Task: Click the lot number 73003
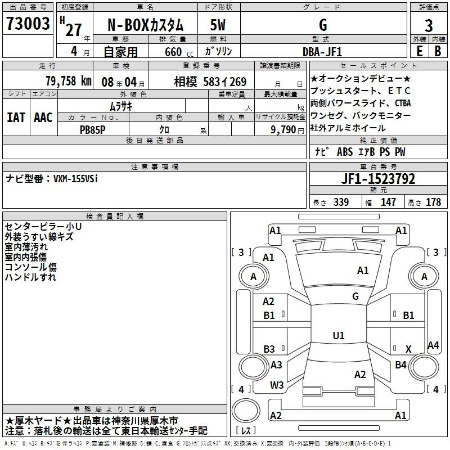click(x=28, y=23)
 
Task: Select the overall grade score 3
click(x=429, y=26)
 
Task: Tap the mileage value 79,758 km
click(x=69, y=81)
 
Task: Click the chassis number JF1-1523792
click(x=378, y=179)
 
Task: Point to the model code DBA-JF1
click(x=322, y=52)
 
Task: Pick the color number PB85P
click(x=92, y=130)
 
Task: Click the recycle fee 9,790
click(x=283, y=130)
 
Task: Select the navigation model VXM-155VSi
click(x=75, y=179)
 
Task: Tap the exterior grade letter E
click(x=420, y=51)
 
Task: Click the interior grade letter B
click(x=438, y=51)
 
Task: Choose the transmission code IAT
click(x=16, y=118)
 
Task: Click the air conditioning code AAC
click(x=43, y=118)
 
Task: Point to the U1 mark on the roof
click(x=339, y=335)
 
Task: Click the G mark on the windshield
click(x=355, y=296)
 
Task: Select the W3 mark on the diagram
click(x=277, y=385)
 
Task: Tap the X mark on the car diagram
click(x=408, y=349)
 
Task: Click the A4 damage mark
click(x=433, y=345)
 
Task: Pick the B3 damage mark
click(x=269, y=349)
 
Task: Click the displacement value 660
click(x=173, y=52)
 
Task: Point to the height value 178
click(x=433, y=202)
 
